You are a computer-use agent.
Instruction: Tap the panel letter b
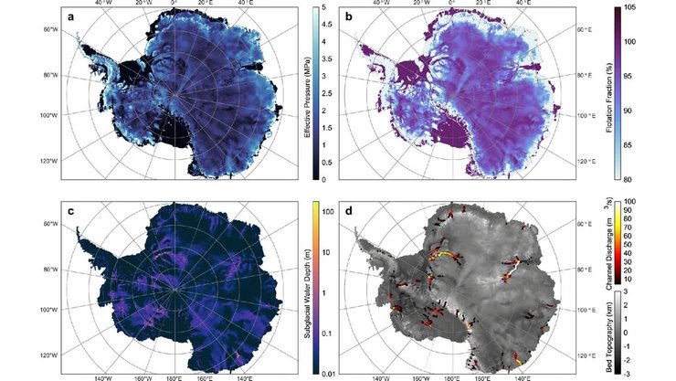tap(348, 16)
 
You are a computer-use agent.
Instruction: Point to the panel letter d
tap(348, 210)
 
